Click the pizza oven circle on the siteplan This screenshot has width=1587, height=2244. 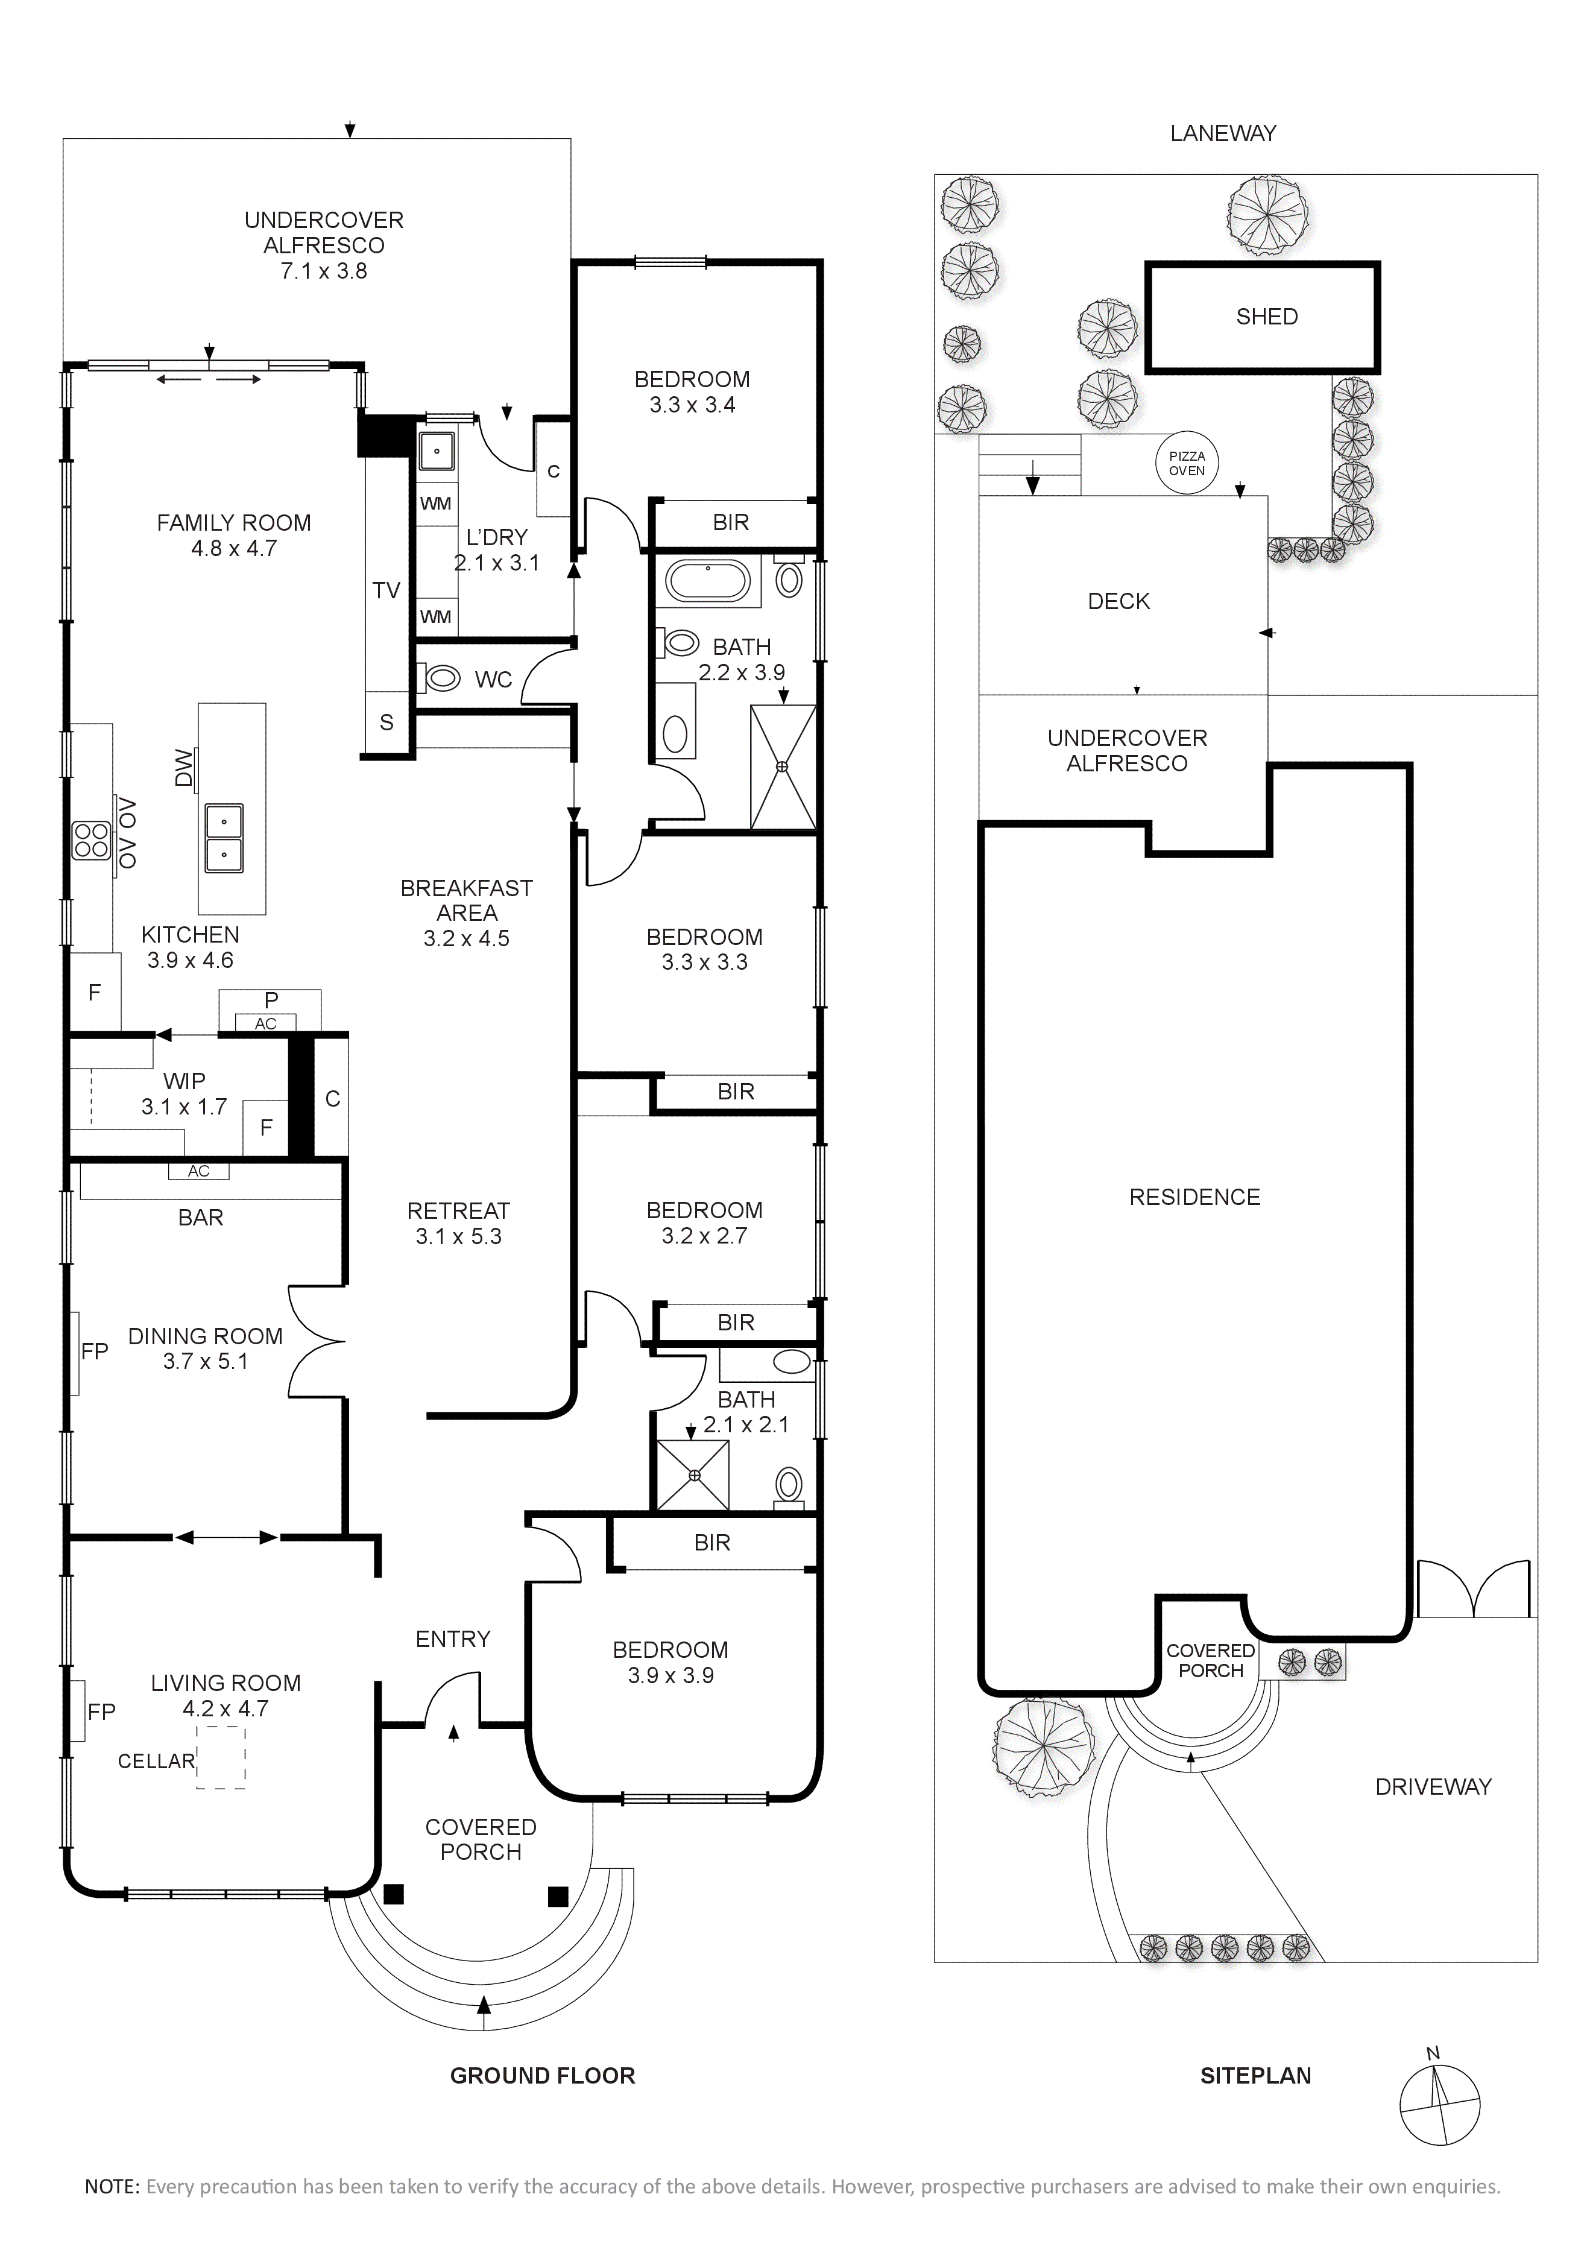[x=1187, y=463]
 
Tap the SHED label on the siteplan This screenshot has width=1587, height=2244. [x=1266, y=317]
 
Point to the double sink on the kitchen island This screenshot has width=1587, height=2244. [x=224, y=838]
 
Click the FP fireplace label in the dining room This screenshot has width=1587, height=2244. [x=95, y=1351]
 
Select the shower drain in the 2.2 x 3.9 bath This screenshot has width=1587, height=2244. [x=782, y=767]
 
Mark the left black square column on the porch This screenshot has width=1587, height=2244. [x=393, y=1895]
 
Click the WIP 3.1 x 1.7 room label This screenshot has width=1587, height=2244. [x=184, y=1094]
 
